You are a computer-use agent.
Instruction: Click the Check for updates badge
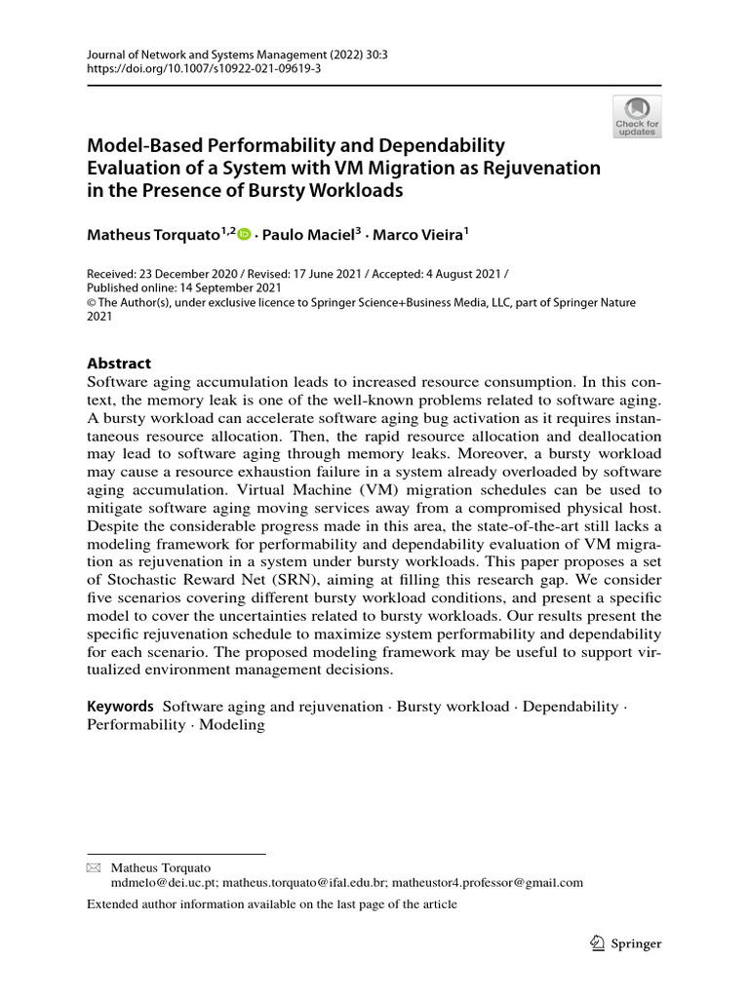click(x=637, y=115)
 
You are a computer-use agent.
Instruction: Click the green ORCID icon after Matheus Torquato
click(x=245, y=234)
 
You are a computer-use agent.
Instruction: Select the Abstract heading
click(x=119, y=363)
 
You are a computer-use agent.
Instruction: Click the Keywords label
click(x=120, y=706)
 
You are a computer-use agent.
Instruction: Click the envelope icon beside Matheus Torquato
click(x=94, y=866)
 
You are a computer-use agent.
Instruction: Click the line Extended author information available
click(x=271, y=904)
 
